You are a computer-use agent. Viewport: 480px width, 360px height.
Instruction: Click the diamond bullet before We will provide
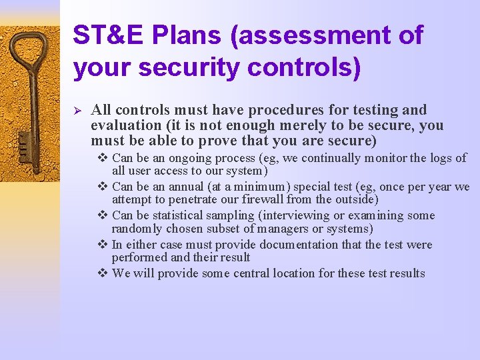[103, 273]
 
